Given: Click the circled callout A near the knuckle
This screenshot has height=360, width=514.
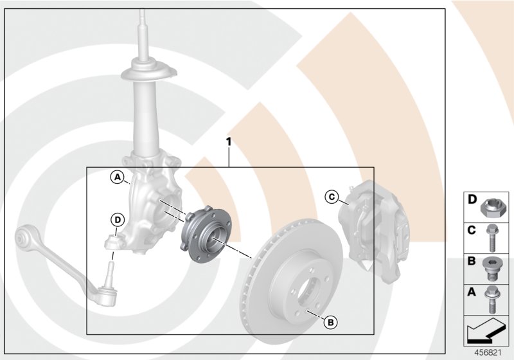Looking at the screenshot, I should click(x=117, y=177).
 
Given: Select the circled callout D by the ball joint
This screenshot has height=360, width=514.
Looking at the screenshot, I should click(x=116, y=220).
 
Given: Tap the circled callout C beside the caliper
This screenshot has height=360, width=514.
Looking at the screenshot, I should click(x=332, y=196).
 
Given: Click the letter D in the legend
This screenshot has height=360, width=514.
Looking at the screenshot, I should click(x=472, y=201).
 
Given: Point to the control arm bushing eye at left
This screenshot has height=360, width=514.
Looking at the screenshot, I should click(x=24, y=240).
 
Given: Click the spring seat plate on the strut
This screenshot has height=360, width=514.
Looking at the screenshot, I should click(x=148, y=71).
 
